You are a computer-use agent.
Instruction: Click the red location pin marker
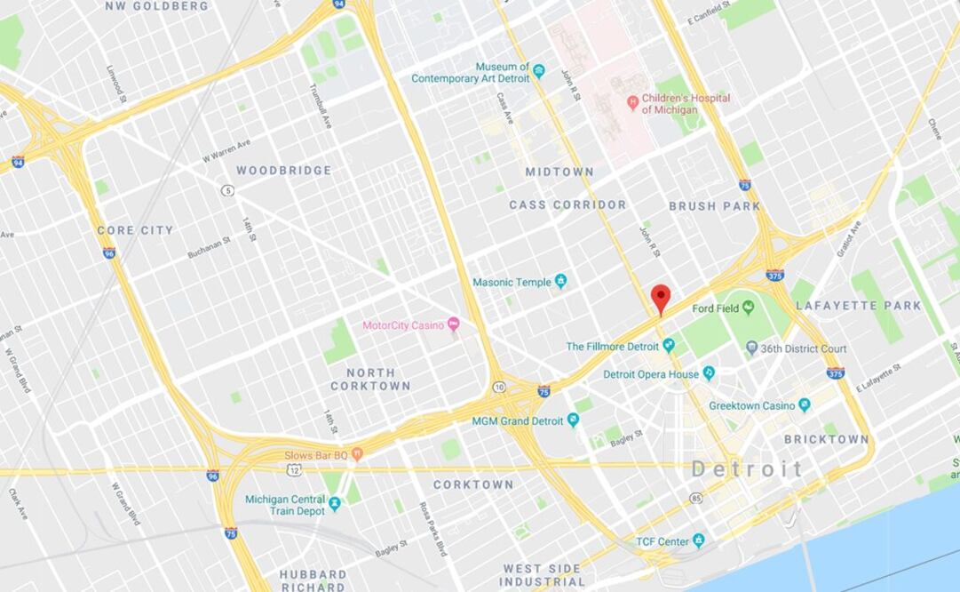(x=660, y=298)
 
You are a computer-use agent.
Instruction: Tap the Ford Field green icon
(x=748, y=307)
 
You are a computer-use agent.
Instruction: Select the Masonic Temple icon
(x=560, y=282)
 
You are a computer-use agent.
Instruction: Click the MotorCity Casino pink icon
(x=453, y=324)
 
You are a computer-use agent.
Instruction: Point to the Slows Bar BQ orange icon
(x=357, y=454)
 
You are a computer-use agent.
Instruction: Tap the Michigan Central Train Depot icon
(x=334, y=504)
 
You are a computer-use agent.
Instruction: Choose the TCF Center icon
(x=699, y=540)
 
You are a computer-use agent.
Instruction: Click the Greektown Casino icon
(x=804, y=405)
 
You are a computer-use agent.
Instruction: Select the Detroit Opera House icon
(x=709, y=373)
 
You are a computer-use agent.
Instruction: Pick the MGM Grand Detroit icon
(x=573, y=420)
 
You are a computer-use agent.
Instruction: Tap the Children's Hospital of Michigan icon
(x=632, y=103)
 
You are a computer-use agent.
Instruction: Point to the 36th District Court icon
(x=751, y=348)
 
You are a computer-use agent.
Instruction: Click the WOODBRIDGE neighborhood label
(x=283, y=170)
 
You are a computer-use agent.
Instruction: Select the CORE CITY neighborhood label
(x=135, y=230)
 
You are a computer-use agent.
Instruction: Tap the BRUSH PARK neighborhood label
(x=714, y=206)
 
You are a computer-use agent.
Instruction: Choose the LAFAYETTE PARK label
(x=858, y=306)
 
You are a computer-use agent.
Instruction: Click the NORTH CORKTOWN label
(x=370, y=380)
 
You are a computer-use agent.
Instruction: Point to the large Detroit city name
(x=747, y=469)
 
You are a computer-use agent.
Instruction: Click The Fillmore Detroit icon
(x=669, y=346)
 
